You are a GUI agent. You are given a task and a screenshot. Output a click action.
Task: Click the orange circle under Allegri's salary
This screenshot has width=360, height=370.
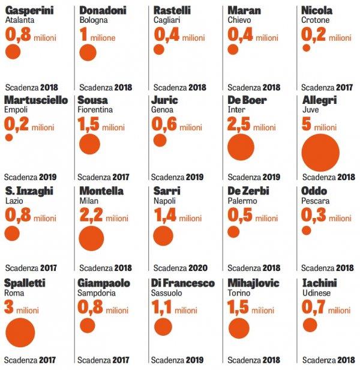point(320,152)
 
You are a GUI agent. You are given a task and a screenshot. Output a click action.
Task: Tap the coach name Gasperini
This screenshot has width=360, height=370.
point(29,10)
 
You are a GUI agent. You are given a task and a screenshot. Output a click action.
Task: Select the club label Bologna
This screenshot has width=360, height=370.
point(93,20)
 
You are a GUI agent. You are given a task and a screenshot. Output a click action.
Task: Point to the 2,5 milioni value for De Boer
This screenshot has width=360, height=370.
point(251,126)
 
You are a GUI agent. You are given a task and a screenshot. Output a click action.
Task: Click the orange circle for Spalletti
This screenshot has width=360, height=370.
point(20,332)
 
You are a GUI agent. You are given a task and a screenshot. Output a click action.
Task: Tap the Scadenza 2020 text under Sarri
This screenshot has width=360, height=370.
point(179,268)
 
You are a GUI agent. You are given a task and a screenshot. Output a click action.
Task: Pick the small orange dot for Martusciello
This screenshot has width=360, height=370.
point(9,138)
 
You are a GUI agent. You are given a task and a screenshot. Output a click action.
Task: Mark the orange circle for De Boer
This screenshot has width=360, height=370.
point(241,148)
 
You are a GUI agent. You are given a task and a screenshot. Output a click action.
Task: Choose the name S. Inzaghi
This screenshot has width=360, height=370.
point(29,191)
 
